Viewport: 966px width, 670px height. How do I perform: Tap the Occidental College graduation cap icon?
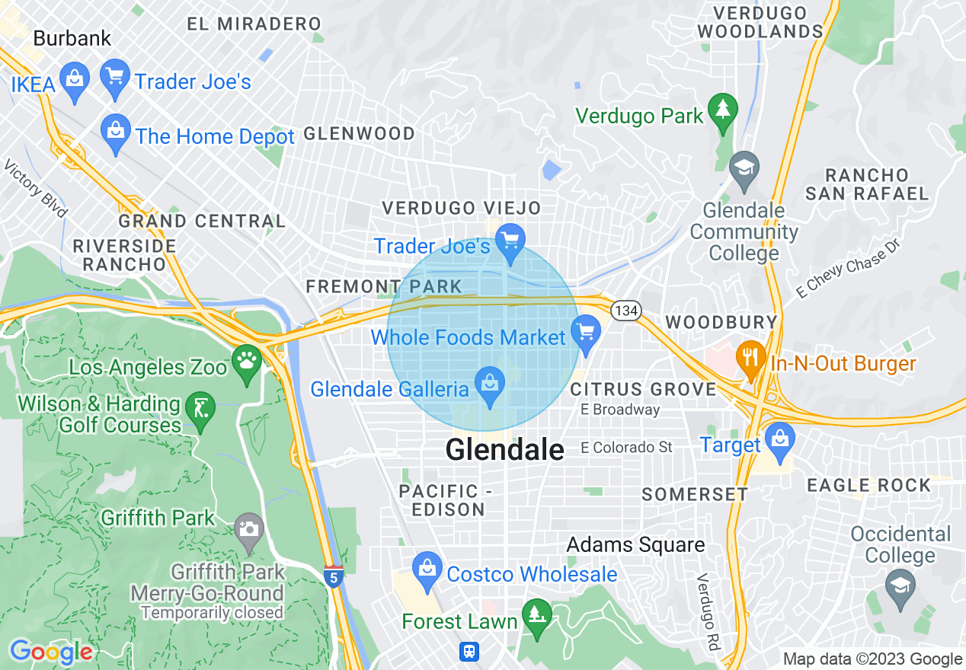tap(900, 588)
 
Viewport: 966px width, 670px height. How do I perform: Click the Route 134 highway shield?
tap(625, 311)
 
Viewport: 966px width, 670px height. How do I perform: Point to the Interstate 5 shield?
tap(332, 576)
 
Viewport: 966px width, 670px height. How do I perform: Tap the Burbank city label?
tap(72, 38)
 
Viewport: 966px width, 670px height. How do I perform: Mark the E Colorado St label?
tap(627, 447)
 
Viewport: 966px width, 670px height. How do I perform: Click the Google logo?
tap(50, 652)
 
